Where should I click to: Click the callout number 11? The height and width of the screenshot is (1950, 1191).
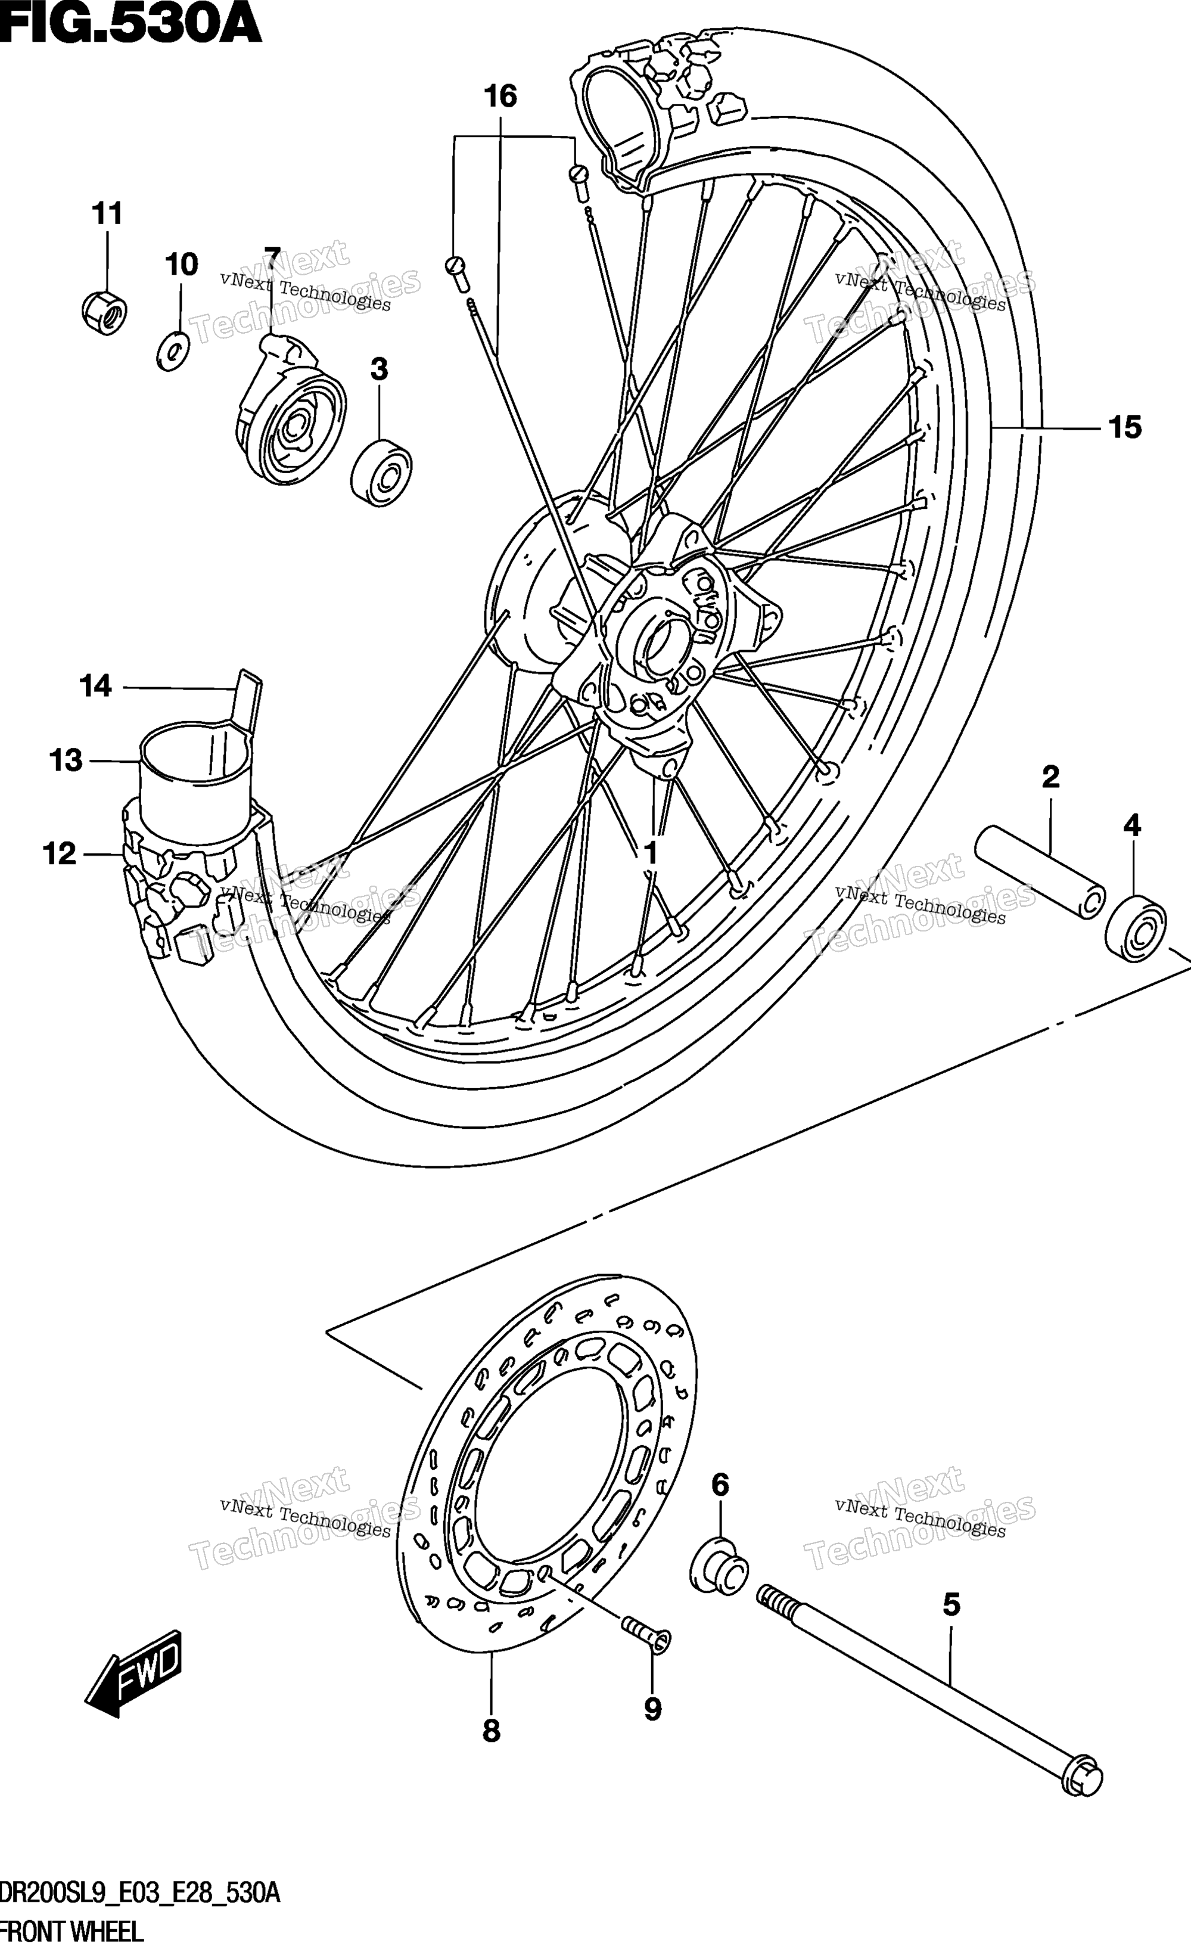[x=108, y=214]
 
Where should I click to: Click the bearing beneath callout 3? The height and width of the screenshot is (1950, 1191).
[x=381, y=474]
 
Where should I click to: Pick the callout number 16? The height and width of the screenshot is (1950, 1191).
[x=500, y=97]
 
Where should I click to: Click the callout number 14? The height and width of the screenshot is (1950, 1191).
[x=96, y=685]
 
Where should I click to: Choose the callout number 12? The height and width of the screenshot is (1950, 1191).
[x=60, y=854]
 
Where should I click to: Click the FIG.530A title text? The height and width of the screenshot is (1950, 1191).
[x=130, y=23]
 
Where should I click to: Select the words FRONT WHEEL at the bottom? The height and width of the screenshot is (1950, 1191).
[x=71, y=1932]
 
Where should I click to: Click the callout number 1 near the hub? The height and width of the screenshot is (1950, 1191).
[x=651, y=854]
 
